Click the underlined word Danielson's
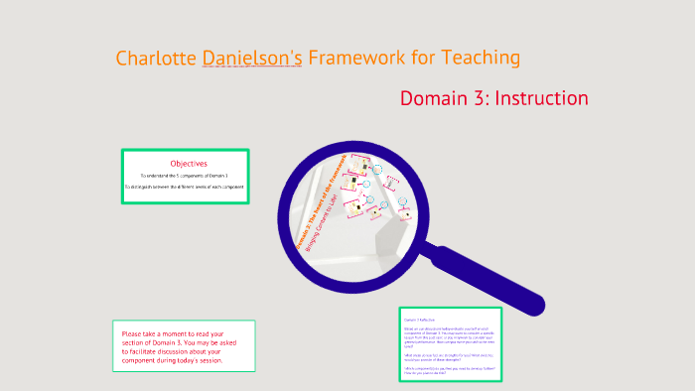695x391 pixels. pyautogui.click(x=252, y=58)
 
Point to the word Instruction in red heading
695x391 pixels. pyautogui.click(x=541, y=98)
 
